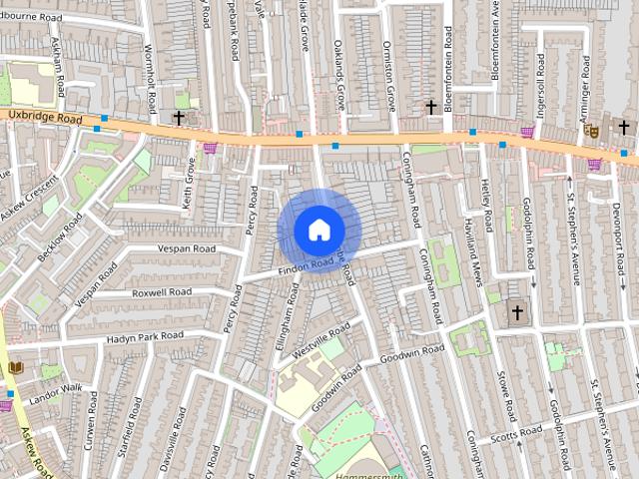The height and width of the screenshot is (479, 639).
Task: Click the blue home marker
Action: (319, 231)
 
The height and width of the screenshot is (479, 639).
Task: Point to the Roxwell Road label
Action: (163, 292)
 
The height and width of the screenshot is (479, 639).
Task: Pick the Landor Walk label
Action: (55, 390)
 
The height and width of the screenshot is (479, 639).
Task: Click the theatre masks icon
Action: (591, 130)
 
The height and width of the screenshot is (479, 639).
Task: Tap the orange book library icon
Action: (15, 368)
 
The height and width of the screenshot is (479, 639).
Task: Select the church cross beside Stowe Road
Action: (517, 313)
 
